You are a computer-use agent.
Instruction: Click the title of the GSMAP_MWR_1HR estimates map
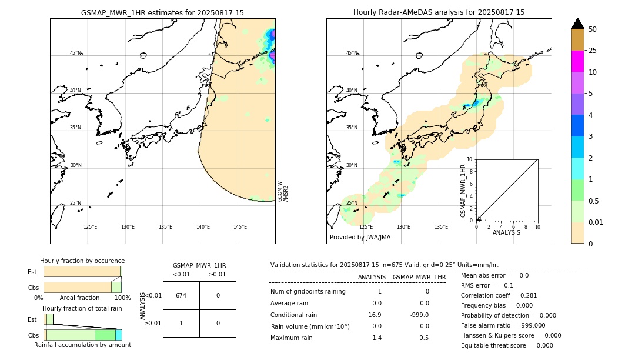coord(162,12)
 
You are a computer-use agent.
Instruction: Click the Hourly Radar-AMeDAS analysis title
coord(439,12)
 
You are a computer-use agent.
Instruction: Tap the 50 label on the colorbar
coord(593,29)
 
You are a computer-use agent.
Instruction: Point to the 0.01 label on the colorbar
coord(596,222)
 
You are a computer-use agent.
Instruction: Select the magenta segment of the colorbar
coord(577,61)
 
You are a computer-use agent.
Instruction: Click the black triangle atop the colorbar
coord(577,24)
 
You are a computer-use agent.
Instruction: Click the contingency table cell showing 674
coord(181,295)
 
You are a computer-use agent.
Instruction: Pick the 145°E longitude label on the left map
coord(240,227)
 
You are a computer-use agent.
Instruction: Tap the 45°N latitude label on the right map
coord(352,53)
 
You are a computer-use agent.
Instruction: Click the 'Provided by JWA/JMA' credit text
coord(360,238)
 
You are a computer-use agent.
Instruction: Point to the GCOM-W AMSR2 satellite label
coord(283,191)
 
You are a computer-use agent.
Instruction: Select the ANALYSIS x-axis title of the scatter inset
coord(507,232)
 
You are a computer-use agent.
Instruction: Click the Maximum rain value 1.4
coord(377,338)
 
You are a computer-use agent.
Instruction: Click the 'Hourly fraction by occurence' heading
coord(82,261)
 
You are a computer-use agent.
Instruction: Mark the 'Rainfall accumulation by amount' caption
coord(82,345)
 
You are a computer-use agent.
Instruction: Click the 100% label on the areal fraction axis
coord(122,298)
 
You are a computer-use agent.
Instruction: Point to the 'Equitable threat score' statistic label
coord(498,345)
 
